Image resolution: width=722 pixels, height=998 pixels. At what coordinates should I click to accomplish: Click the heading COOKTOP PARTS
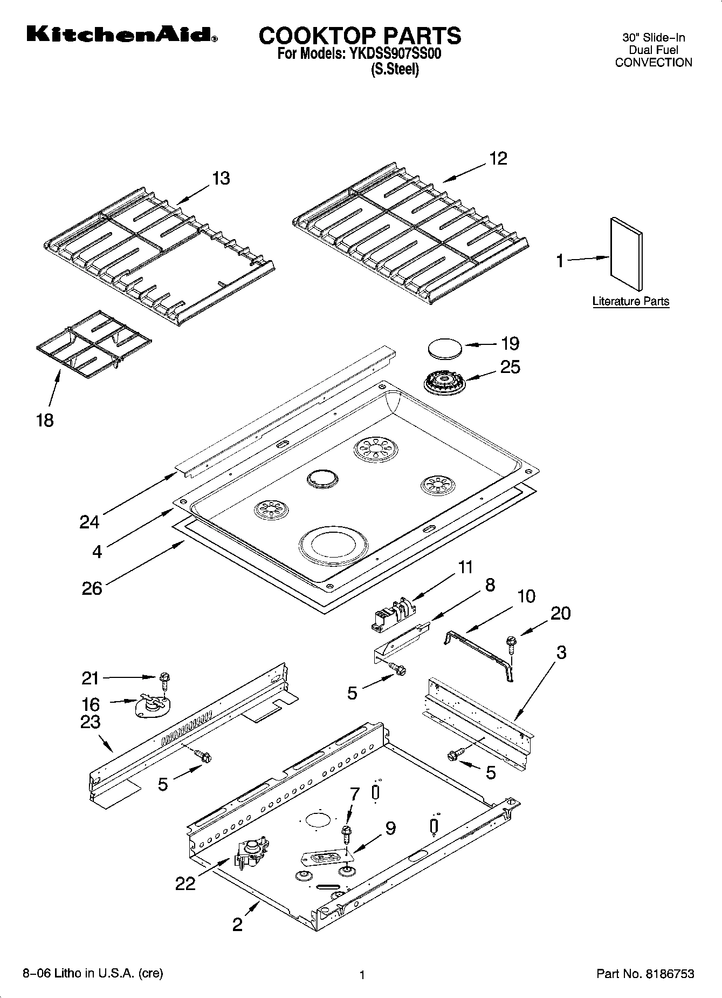tap(360, 36)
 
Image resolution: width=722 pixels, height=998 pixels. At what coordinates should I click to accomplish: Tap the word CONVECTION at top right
tap(653, 63)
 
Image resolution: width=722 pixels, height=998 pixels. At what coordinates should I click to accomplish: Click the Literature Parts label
tap(630, 301)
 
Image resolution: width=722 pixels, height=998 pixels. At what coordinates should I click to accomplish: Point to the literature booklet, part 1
tap(626, 254)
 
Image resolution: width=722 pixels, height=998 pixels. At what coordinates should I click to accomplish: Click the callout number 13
tap(221, 178)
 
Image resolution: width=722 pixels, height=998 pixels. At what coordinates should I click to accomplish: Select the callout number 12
tap(498, 159)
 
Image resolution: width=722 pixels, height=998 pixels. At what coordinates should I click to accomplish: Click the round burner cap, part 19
tap(445, 347)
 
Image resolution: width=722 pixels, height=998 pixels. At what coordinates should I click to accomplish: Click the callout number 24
tap(90, 522)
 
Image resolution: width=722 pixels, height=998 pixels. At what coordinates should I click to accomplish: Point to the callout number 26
tap(92, 588)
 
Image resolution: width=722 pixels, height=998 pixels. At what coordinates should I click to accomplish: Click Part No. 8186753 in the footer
tap(645, 974)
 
